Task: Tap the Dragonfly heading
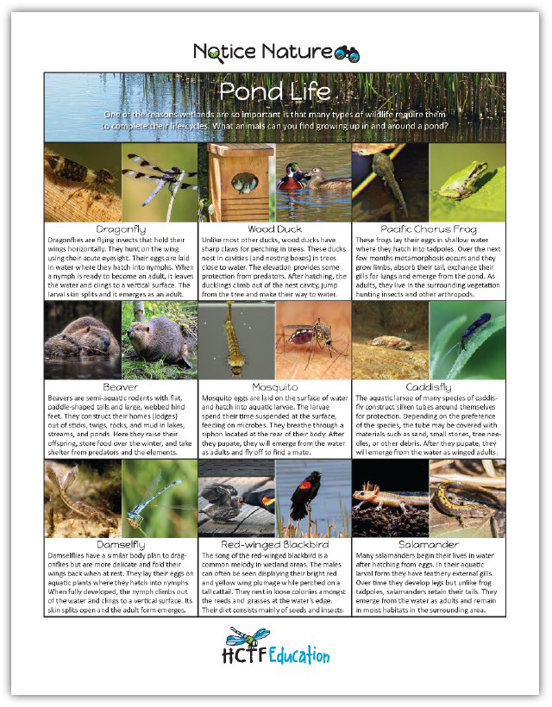(121, 229)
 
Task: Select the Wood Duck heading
(274, 229)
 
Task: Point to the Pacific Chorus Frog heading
(429, 229)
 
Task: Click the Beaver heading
(121, 388)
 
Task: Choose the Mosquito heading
(274, 388)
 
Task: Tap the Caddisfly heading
(429, 388)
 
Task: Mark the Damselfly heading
(121, 545)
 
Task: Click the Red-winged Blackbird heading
(274, 545)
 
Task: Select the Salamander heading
(429, 545)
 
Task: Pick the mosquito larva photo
(235, 341)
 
